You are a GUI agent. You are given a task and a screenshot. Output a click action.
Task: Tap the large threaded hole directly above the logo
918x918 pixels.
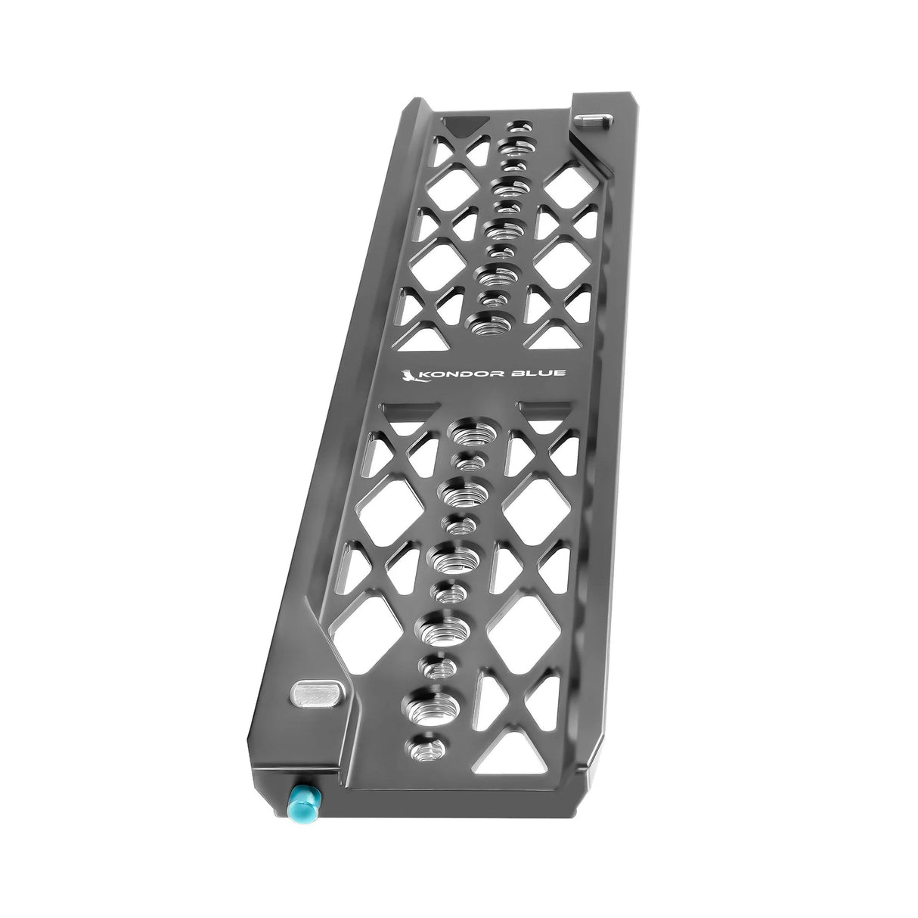pos(488,327)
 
